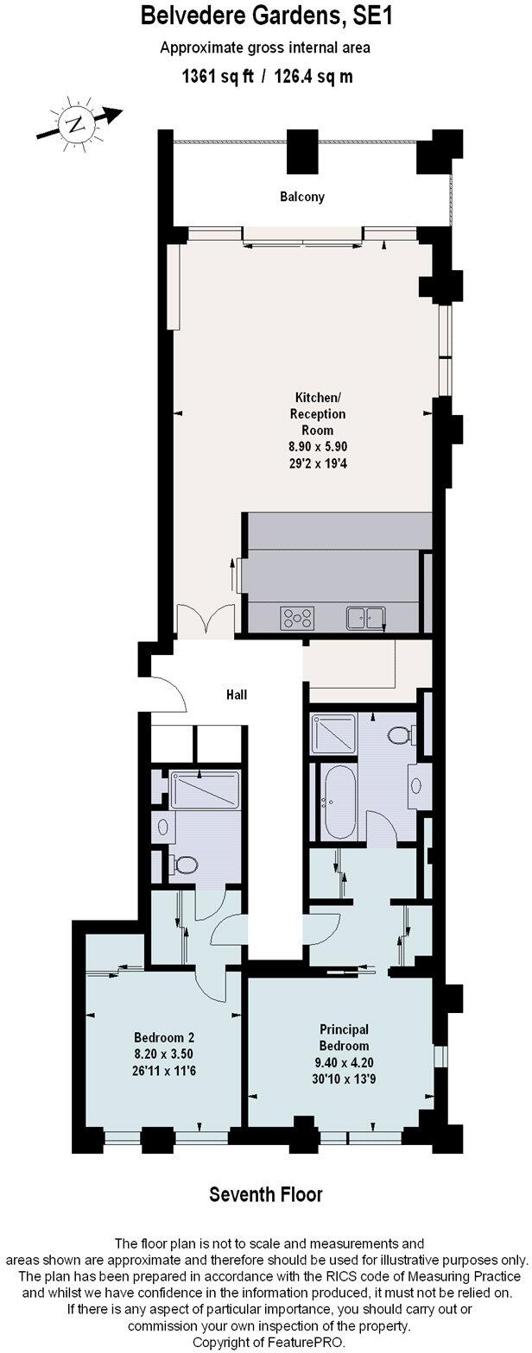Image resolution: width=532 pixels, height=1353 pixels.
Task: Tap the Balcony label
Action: coord(302,197)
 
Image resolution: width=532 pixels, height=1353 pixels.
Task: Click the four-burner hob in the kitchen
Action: coord(297,617)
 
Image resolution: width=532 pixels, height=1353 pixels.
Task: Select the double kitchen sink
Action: coord(366,617)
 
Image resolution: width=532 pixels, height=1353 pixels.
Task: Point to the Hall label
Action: coord(237,694)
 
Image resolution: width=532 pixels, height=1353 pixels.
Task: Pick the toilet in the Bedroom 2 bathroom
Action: coord(183,864)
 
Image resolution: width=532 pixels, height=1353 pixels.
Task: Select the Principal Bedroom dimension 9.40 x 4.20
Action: coord(345,1062)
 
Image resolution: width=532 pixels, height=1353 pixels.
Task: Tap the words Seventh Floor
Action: coord(266,1195)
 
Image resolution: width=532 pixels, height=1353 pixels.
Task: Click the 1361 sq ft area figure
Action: coord(217,77)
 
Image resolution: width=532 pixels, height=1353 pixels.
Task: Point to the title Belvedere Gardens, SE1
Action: coord(266,16)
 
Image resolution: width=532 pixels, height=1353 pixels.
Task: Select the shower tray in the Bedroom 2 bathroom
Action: coord(205,790)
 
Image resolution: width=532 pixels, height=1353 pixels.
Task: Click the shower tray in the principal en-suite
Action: coord(332,734)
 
